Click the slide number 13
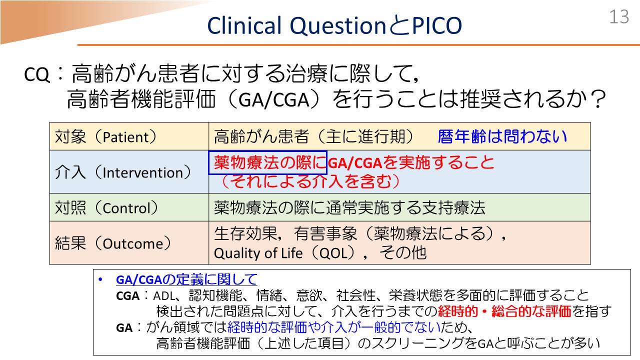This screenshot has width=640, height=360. coord(619,16)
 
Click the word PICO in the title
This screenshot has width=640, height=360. coord(437,25)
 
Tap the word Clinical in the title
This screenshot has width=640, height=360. coord(244,25)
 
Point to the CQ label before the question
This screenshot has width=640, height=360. coord(37,75)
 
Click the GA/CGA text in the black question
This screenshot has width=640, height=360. coord(274,100)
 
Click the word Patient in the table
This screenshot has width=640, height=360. coord(125,137)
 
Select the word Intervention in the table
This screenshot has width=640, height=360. coord(142,172)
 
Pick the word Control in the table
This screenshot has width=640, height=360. coord(126,208)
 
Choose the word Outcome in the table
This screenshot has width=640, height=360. coord(132,243)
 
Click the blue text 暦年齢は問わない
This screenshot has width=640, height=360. coord(502,136)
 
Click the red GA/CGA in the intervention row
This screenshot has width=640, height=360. coord(355,163)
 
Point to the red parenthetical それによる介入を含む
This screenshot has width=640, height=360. coord(310,181)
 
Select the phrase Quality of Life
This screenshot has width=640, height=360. coord(258,253)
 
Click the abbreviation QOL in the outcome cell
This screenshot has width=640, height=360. coord(333,253)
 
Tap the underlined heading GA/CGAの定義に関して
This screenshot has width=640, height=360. coord(186,279)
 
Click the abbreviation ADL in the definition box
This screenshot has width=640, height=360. coord(164,296)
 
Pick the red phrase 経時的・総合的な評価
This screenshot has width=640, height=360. coord(504,311)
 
